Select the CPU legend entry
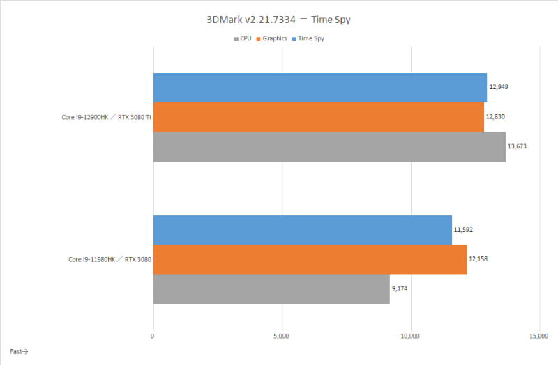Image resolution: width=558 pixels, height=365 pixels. click(243, 38)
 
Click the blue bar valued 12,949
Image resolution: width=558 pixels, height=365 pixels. click(319, 88)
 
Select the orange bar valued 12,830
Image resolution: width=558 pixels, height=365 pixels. click(318, 117)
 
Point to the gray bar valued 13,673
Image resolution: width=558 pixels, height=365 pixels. click(329, 146)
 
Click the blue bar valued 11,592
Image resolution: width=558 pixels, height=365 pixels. click(302, 230)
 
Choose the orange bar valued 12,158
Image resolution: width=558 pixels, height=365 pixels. click(310, 259)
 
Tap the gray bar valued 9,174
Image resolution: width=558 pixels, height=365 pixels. click(271, 289)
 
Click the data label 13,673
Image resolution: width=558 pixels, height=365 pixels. click(518, 146)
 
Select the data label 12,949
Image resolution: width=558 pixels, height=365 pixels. click(499, 88)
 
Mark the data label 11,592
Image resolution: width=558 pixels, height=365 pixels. click(465, 230)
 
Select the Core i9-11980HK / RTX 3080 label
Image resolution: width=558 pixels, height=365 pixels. click(110, 259)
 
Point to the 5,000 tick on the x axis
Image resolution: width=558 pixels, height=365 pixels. click(282, 336)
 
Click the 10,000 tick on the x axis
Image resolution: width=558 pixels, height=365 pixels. click(410, 336)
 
